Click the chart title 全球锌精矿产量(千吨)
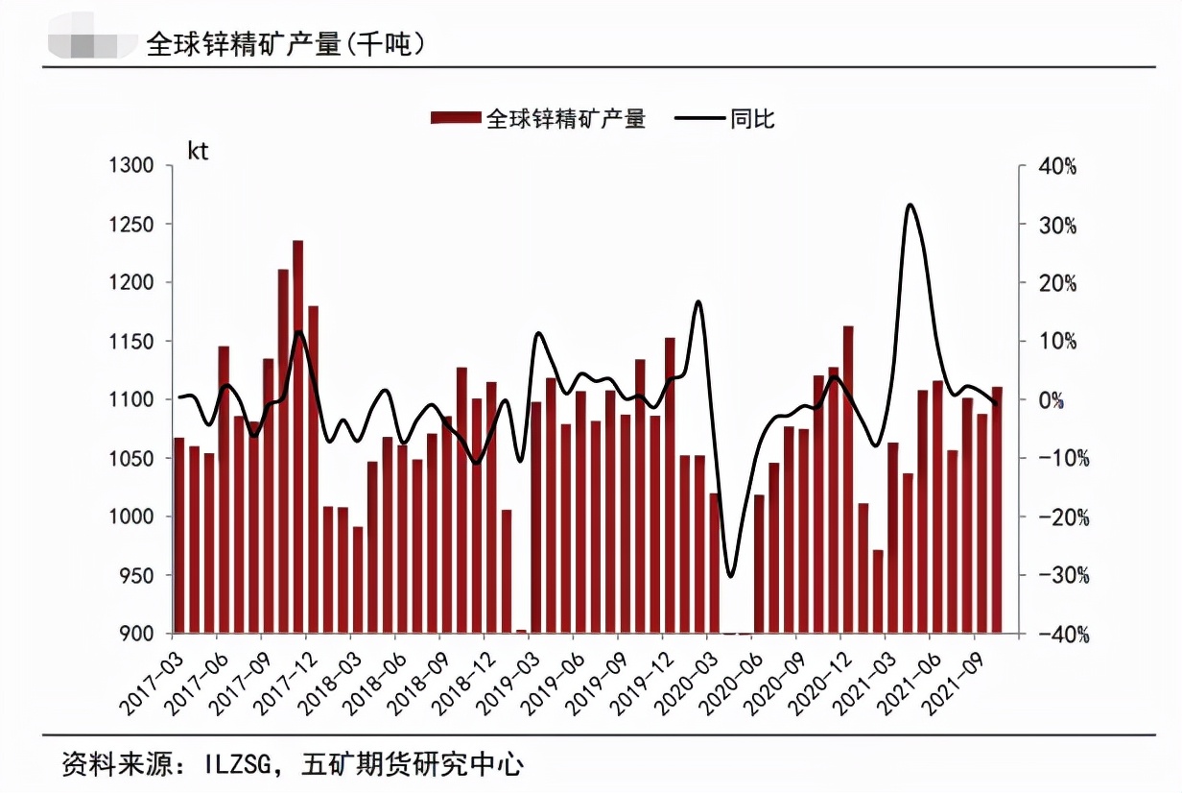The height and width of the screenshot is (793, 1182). [286, 42]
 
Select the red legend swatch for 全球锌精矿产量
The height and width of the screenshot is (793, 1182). [456, 118]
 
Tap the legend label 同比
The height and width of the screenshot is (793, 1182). [752, 118]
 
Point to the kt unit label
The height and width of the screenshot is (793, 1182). [198, 152]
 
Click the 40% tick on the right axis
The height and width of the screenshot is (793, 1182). [1058, 166]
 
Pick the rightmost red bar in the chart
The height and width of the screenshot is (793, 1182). [997, 510]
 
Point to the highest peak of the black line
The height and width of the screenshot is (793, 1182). [910, 205]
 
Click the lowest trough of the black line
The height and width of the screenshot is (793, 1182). [730, 576]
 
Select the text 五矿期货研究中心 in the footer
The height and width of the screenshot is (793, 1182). [412, 763]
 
